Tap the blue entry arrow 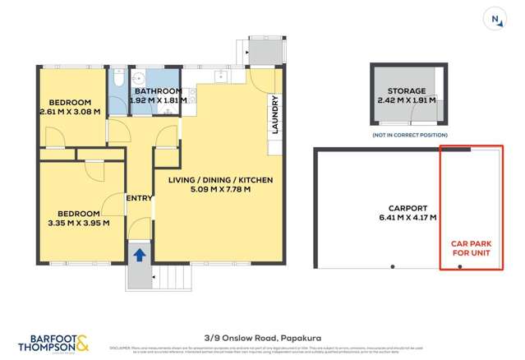point(140,255)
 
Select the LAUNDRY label point(275,115)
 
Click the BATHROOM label point(159,91)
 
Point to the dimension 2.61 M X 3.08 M point(69,111)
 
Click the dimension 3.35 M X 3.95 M point(76,222)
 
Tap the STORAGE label point(408,91)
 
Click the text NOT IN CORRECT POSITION point(410,134)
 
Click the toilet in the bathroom point(117,82)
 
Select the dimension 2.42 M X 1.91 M point(408,101)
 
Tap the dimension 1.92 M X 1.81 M point(159,100)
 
